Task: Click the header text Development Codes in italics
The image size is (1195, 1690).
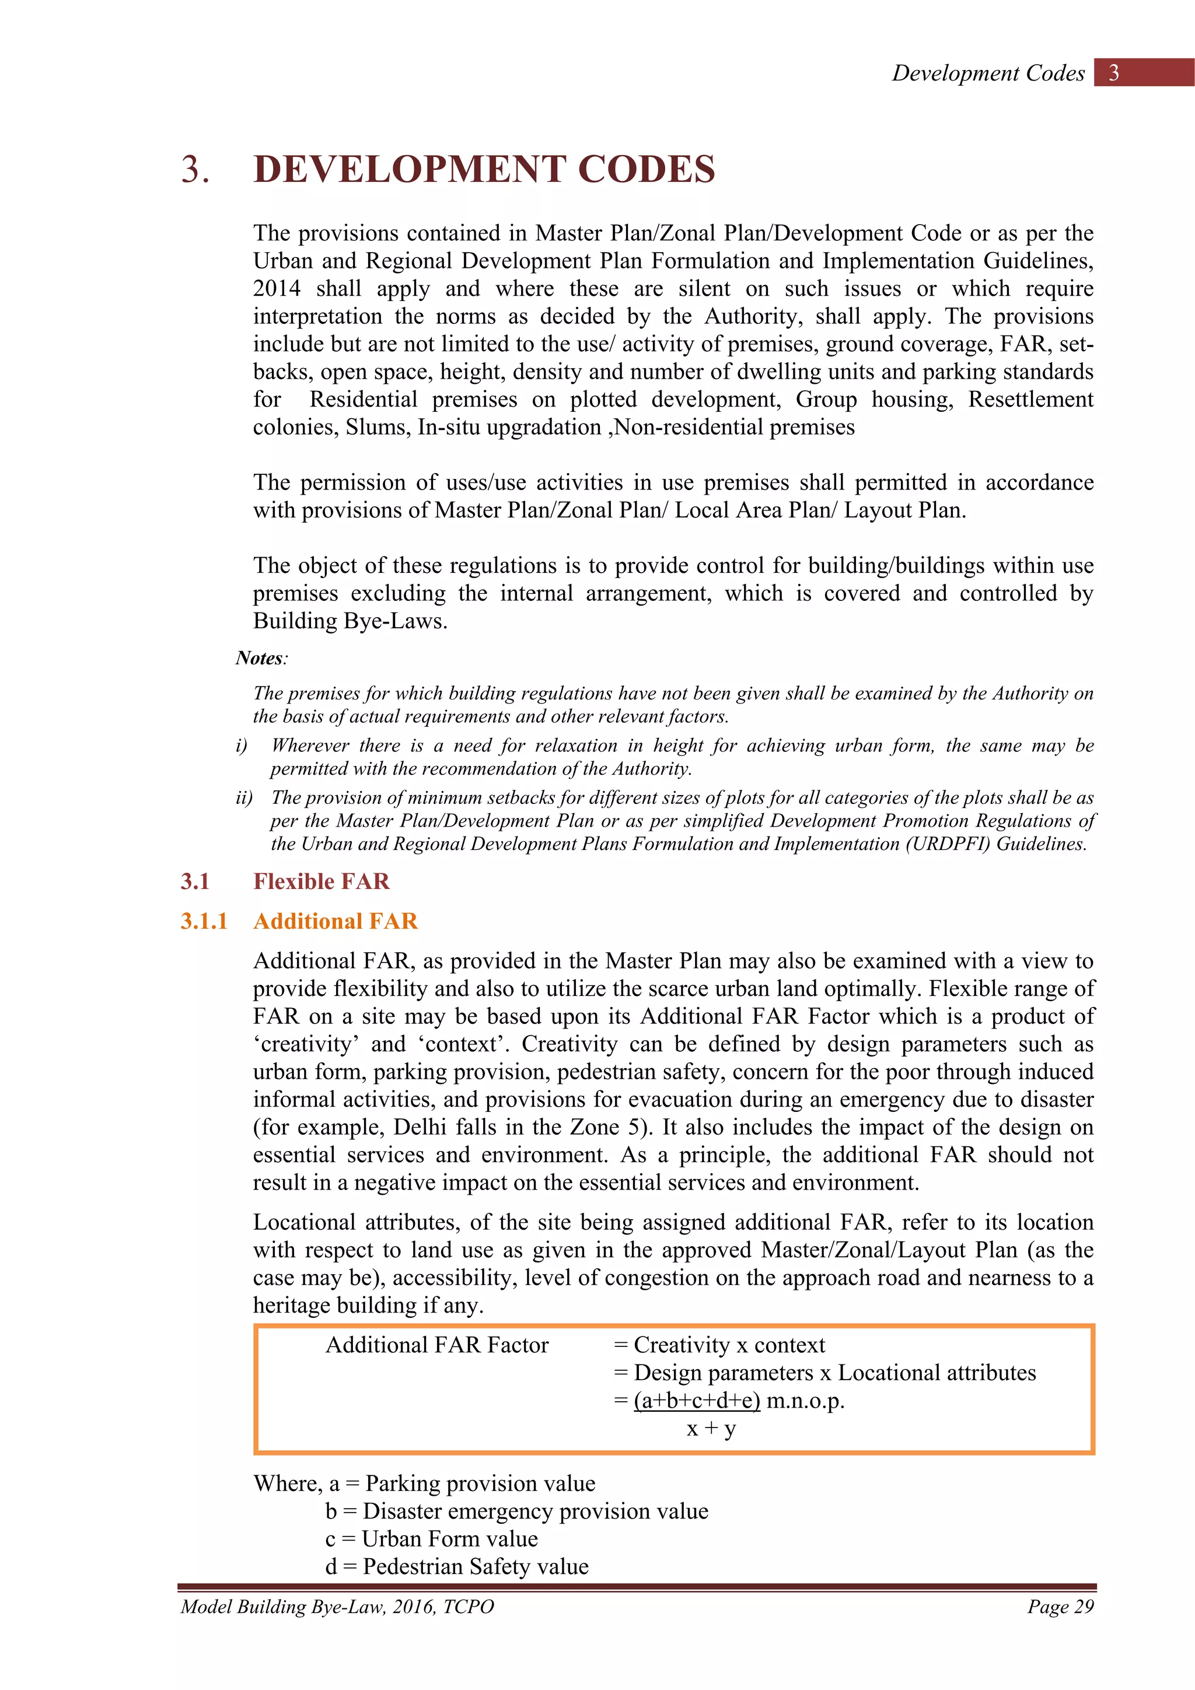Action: [x=988, y=73]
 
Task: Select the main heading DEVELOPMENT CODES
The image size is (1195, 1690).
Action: [x=484, y=169]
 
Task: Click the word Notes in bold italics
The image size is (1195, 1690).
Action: [x=259, y=658]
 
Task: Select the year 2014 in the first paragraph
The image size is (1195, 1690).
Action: [x=277, y=289]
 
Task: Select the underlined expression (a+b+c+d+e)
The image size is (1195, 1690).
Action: [x=697, y=1400]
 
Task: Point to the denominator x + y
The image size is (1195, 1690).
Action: [x=711, y=1429]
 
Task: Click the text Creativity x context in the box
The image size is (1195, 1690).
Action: [x=729, y=1345]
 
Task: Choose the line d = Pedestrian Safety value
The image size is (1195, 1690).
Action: [x=456, y=1566]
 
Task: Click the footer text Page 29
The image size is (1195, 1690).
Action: [x=1060, y=1607]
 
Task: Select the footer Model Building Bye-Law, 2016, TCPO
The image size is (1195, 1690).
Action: [x=337, y=1607]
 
